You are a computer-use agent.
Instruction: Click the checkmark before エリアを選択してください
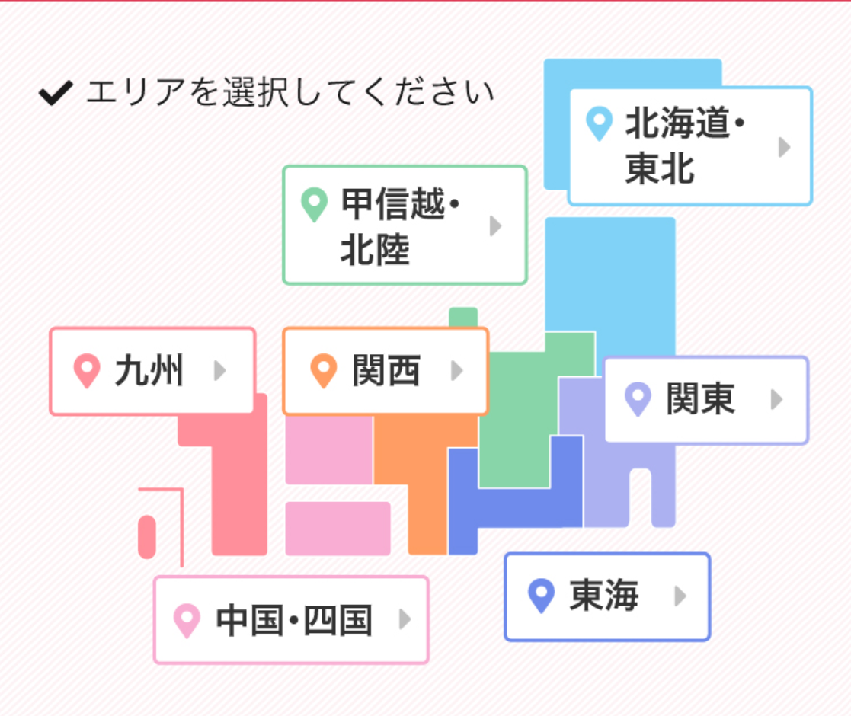coord(56,94)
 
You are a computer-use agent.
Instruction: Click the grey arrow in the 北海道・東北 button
coord(783,147)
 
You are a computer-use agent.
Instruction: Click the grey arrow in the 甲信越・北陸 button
coord(495,225)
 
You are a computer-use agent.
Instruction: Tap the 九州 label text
coord(149,372)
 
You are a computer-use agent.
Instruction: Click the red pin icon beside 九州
coord(87,371)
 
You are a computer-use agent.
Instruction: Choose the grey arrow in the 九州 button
coord(219,371)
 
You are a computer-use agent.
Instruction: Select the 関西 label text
coord(386,372)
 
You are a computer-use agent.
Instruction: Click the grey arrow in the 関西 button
coord(456,371)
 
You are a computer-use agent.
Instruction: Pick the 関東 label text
coord(700,400)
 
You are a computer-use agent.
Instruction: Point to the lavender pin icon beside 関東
coord(638,399)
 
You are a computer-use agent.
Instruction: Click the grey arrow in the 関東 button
coord(776,400)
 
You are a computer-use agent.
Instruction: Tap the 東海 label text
coord(604,596)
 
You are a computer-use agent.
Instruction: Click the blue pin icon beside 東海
coord(542,595)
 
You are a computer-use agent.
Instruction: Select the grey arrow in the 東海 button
coord(680,596)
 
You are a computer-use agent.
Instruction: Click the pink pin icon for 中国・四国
coord(187,620)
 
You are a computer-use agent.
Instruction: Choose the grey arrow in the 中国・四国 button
coord(405,620)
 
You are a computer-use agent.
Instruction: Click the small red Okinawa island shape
coord(147,537)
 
